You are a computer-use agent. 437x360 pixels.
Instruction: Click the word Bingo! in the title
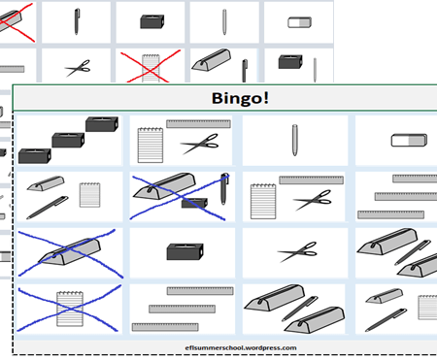coord(240,98)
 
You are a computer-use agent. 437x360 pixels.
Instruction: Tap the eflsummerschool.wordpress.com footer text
coord(241,348)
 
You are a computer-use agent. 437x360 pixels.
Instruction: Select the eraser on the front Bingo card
coord(409,141)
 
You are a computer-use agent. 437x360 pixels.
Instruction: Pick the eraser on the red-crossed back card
coord(299,22)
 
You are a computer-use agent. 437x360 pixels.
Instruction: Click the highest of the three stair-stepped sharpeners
coord(102,124)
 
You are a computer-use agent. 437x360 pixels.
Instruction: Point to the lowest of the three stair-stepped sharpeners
coord(35,156)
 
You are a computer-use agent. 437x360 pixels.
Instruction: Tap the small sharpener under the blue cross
coord(194,203)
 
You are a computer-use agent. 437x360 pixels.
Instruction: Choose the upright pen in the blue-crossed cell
coord(224,189)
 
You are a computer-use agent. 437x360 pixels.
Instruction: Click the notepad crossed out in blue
coord(70,309)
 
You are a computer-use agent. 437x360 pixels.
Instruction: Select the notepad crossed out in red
coord(151,68)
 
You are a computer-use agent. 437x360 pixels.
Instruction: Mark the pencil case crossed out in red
coord(9,21)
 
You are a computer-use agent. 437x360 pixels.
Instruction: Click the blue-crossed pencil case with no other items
coord(69,252)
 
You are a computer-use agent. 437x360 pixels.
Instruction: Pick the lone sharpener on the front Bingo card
coord(185,251)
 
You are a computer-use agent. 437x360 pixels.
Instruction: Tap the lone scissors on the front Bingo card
coord(297,251)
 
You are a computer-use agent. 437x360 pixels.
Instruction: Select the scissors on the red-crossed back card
coord(78,68)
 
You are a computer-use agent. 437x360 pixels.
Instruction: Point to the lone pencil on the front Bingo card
coord(294,140)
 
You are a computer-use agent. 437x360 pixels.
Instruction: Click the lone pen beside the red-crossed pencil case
coord(77,21)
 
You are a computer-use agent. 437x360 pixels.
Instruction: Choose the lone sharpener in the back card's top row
coord(152,21)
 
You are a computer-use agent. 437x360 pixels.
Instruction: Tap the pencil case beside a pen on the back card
coord(212,60)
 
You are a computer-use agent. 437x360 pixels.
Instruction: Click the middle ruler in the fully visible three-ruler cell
coord(182,309)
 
